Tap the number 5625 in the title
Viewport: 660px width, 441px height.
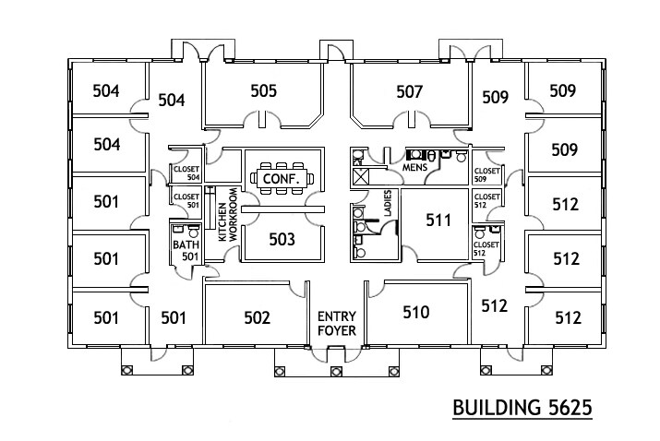pos(562,408)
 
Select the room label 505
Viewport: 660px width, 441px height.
pos(264,91)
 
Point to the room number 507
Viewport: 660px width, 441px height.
pos(409,91)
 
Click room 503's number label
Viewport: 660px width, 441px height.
pos(282,240)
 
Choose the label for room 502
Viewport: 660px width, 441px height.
pos(257,318)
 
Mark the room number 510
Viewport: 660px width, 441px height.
pos(416,313)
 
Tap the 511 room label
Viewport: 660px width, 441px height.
pos(438,220)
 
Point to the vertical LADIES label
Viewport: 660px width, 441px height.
pos(388,204)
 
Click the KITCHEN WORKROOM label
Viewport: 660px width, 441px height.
pos(227,217)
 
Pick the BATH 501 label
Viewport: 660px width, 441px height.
pos(185,250)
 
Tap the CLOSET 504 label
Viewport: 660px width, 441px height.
pos(186,173)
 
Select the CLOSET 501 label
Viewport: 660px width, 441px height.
pos(186,200)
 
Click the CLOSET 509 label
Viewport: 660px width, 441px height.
pos(486,174)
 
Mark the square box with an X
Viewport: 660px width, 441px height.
pos(361,174)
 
